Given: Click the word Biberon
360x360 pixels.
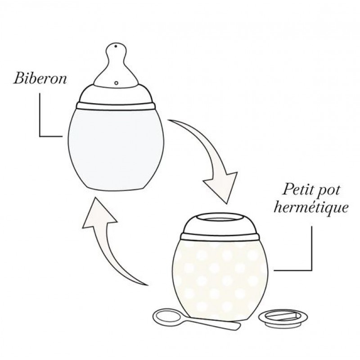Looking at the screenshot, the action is point(40,78).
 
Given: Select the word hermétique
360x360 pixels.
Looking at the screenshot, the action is point(311,208).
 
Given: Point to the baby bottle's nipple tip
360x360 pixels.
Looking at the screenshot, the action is point(116,44).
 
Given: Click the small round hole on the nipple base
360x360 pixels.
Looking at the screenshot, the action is point(117,82).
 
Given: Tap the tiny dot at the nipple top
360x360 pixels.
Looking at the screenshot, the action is point(116,46).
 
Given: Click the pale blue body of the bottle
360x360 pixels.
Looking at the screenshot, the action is point(116,149).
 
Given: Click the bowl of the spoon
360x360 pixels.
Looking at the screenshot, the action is point(167,317).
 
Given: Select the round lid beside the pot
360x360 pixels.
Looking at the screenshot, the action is point(283,318).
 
